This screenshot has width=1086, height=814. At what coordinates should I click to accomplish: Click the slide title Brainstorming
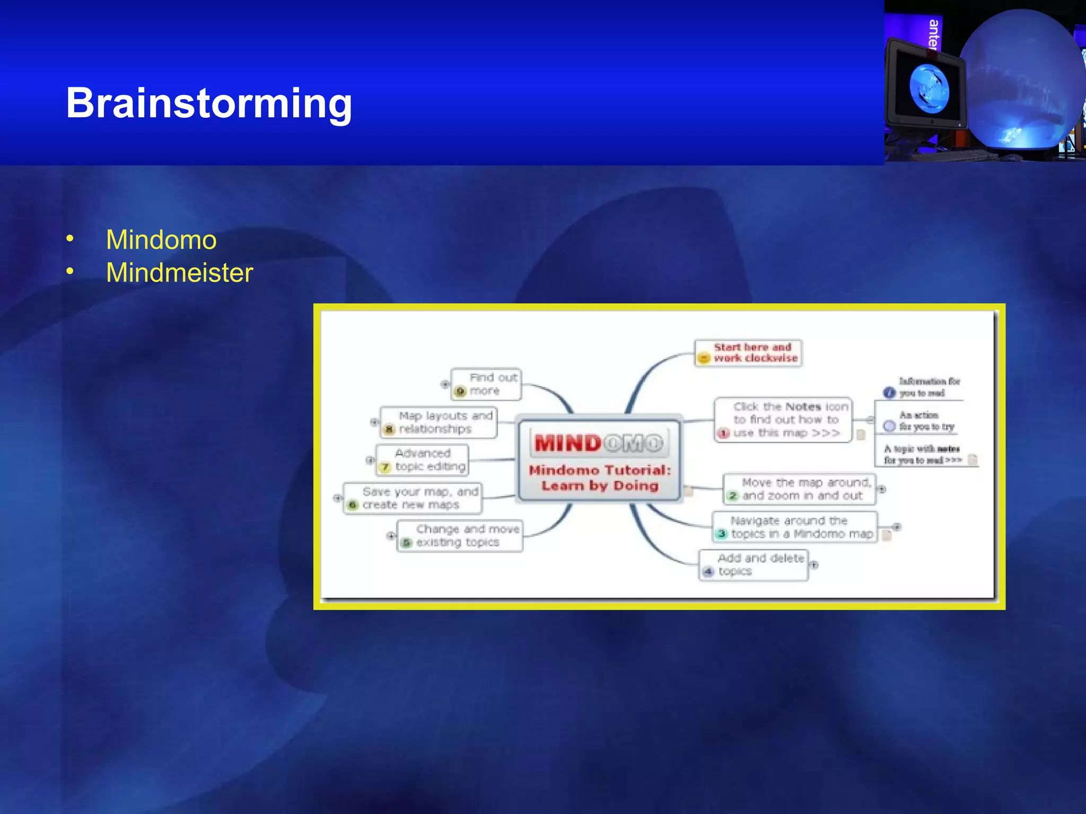click(209, 103)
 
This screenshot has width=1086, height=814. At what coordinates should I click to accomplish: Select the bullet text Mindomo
click(161, 240)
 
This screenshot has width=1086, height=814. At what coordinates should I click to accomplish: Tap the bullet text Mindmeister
click(179, 273)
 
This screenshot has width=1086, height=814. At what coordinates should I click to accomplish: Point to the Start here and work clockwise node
click(748, 353)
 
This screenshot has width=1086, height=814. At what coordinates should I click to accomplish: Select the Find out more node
click(486, 384)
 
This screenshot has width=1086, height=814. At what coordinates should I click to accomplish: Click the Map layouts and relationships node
click(439, 422)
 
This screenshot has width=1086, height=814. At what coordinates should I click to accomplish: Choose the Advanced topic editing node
click(423, 460)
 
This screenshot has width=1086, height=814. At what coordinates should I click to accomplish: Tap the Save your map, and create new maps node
click(413, 498)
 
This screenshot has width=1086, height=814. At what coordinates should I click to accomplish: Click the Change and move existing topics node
click(460, 536)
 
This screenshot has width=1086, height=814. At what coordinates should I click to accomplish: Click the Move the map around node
click(800, 489)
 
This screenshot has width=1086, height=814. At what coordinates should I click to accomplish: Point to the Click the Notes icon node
click(784, 420)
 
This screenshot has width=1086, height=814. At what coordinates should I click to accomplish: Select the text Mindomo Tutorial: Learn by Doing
click(600, 478)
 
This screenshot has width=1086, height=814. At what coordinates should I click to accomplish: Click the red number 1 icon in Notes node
click(723, 433)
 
